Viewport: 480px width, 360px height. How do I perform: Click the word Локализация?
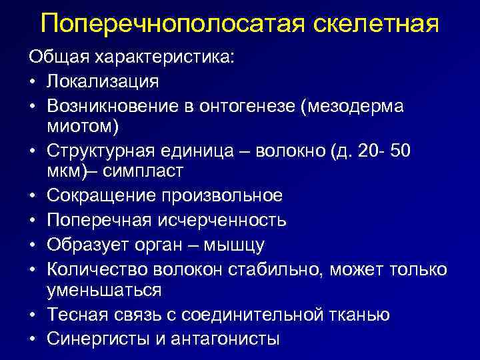103,82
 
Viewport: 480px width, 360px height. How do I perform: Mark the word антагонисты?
225,338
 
